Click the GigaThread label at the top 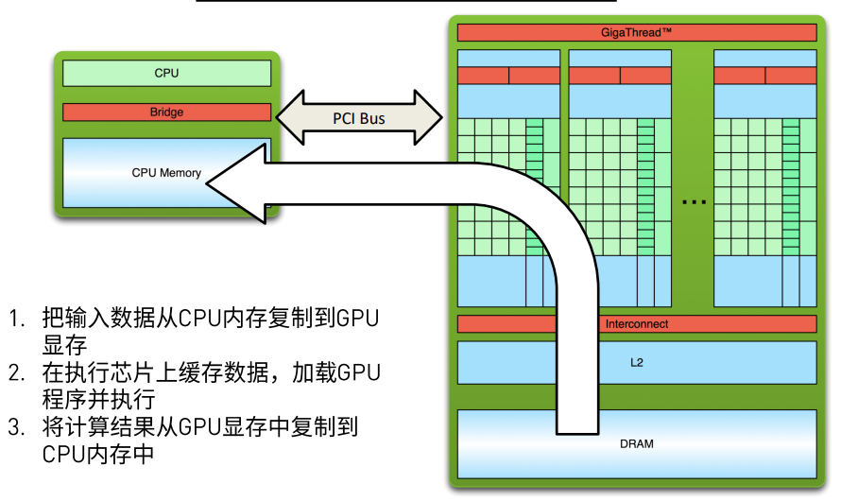636,32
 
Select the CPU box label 166,73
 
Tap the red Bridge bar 166,112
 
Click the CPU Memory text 166,173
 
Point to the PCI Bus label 359,119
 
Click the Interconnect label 636,324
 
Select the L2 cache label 636,362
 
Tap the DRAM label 636,443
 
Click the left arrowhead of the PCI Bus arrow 280,118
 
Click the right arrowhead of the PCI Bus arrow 438,118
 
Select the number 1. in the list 18,319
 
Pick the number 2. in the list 18,372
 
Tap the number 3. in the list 18,427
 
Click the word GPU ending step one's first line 358,318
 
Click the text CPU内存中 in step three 97,455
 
